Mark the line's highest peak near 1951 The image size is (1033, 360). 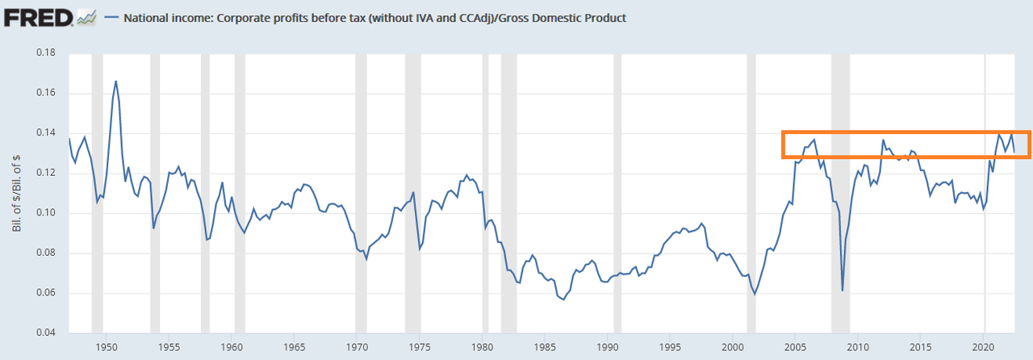[116, 81]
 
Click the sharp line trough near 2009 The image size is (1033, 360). [842, 291]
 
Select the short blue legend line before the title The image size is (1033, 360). [112, 17]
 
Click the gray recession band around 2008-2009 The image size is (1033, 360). [841, 194]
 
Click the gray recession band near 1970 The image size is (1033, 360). [361, 194]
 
